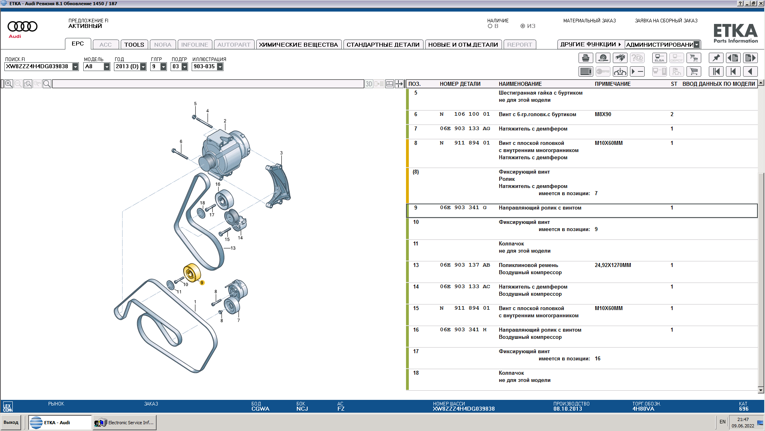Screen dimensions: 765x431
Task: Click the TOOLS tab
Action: (x=134, y=45)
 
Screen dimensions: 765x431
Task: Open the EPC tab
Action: (x=78, y=44)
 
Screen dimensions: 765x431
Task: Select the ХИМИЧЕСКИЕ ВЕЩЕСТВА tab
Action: (x=298, y=45)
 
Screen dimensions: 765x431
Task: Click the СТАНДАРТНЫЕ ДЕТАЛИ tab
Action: (x=383, y=45)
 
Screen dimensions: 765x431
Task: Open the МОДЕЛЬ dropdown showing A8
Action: (x=97, y=67)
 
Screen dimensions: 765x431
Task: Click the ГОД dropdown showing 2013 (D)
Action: (x=130, y=67)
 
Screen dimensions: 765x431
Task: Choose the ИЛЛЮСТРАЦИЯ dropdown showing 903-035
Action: (x=208, y=67)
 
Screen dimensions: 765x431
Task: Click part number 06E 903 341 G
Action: (x=463, y=208)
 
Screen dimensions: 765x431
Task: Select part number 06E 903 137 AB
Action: (x=465, y=265)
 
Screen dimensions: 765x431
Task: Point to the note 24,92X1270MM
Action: (x=613, y=265)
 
